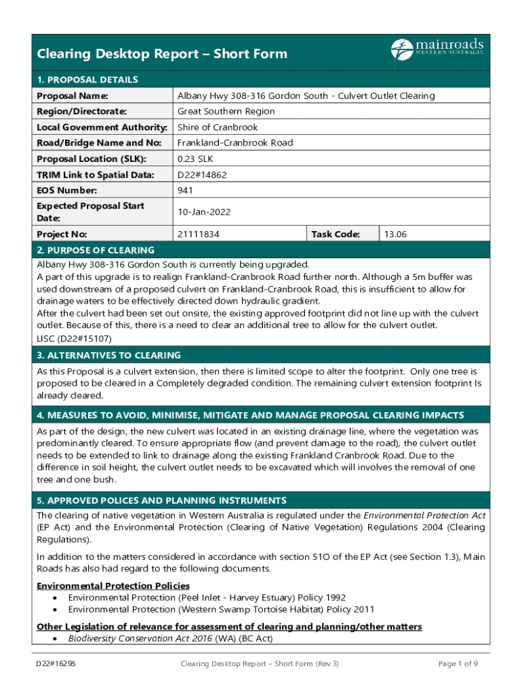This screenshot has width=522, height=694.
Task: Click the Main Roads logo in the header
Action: click(437, 49)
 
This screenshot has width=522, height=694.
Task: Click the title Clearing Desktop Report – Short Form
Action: click(162, 54)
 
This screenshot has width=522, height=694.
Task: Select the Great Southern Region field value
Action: click(226, 111)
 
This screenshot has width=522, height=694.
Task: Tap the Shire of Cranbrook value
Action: click(218, 127)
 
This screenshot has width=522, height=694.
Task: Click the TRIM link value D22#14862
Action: click(202, 175)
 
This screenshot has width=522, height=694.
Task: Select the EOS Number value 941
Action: click(185, 190)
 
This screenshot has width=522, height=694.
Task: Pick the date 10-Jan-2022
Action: click(204, 212)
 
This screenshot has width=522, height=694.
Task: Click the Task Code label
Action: click(335, 234)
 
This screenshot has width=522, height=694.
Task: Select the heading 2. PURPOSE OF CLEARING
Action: click(96, 250)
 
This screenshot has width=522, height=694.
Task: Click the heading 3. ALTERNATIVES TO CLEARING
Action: click(108, 355)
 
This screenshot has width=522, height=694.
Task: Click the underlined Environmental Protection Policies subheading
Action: click(113, 586)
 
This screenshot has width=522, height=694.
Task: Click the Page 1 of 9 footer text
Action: click(459, 664)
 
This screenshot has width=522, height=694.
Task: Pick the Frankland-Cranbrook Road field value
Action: click(235, 143)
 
